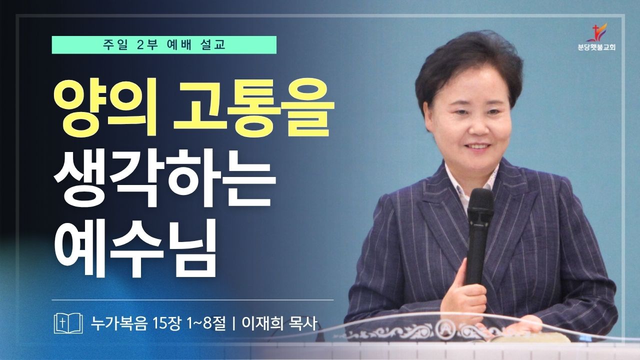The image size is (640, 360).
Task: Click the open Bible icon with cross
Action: coord(68,323)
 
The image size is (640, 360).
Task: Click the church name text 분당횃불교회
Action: coord(596,47)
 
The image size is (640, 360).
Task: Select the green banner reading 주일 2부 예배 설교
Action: coord(164,45)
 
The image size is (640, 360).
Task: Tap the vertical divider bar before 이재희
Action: coord(233,324)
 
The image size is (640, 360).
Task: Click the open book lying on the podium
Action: coord(514,338)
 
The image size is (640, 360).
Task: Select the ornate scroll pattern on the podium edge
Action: coord(445,333)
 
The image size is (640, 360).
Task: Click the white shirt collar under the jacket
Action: coord(468,183)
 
